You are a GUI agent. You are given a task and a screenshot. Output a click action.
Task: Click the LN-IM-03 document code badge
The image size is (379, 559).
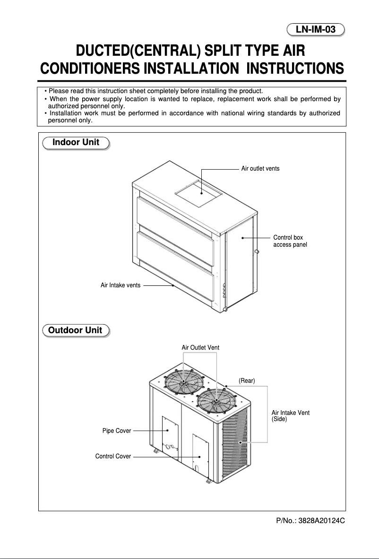coord(316,30)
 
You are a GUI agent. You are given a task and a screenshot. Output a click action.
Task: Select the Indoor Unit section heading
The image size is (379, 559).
coord(76,142)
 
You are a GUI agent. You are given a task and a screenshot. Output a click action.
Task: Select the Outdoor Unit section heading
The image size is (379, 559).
coord(76,330)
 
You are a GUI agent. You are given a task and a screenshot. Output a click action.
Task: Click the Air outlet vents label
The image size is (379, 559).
coord(260,169)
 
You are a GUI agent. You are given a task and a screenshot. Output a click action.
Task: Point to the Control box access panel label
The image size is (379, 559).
coord(290,241)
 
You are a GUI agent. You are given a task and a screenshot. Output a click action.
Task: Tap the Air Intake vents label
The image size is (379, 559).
coord(121,285)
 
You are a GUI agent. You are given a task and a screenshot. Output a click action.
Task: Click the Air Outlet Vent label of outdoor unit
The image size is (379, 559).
coord(200,348)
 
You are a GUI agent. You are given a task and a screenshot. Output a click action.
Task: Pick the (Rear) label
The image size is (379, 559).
coord(247,381)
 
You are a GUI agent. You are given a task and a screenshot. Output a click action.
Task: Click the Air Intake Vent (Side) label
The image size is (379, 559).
coord(290,416)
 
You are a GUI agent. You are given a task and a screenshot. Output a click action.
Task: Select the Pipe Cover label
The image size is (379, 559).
coord(117,431)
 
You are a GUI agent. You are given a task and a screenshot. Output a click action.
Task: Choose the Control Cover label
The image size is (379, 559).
coord(113,456)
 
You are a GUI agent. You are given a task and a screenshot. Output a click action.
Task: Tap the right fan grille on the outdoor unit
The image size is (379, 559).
coord(216,401)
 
